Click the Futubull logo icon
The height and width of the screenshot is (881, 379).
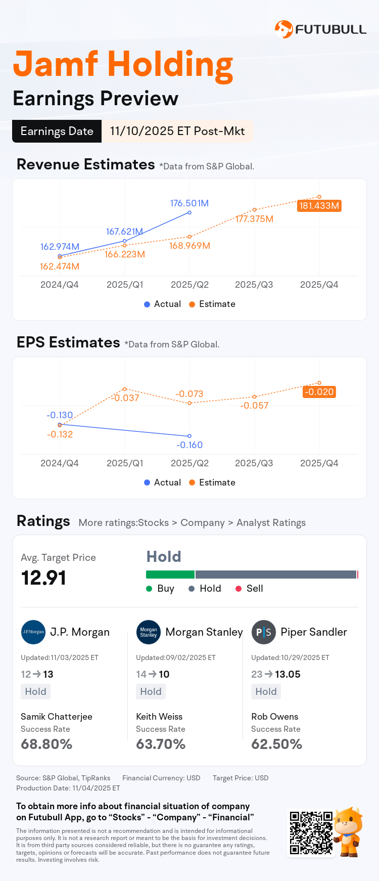283,29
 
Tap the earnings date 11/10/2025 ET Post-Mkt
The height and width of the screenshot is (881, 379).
177,131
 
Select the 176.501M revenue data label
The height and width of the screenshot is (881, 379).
189,203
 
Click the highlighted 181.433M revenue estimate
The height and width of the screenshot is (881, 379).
319,206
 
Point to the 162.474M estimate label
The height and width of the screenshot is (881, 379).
60,267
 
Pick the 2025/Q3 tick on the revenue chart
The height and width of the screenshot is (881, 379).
254,285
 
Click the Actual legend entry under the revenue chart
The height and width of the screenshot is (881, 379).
162,304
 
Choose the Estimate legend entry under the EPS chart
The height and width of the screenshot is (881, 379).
212,482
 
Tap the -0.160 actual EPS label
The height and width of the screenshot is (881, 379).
189,445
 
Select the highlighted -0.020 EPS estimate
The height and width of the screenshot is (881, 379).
319,392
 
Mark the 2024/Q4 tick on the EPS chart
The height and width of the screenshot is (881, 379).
60,463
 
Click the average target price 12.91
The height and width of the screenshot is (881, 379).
44,578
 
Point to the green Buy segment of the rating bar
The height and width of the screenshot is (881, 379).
170,575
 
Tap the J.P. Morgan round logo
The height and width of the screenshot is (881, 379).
33,632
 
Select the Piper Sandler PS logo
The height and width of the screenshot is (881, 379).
263,632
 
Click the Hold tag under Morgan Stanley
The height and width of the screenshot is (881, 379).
151,691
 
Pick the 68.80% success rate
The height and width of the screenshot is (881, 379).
46,744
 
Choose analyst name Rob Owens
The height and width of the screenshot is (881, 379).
274,717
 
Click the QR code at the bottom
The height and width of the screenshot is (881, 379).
311,833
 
